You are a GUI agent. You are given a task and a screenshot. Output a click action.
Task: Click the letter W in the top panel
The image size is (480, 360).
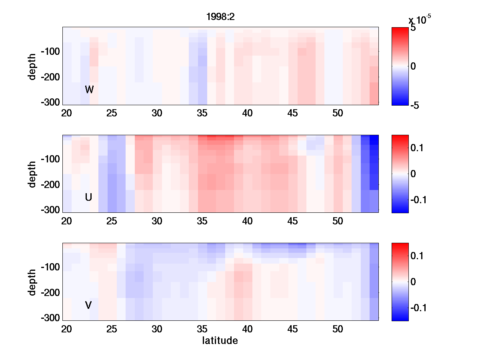[x=89, y=90]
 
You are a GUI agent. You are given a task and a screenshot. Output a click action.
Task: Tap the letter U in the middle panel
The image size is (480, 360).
[x=88, y=197]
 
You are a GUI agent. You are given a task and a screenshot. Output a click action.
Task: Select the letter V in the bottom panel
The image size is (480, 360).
[x=88, y=305]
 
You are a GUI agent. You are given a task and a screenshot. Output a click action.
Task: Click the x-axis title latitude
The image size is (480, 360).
[x=220, y=341]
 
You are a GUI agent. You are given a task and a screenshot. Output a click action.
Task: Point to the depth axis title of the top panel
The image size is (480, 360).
[x=32, y=66]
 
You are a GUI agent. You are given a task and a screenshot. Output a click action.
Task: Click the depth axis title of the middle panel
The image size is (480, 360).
[x=32, y=174]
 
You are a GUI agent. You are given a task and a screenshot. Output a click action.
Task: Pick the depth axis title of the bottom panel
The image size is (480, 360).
[x=32, y=282]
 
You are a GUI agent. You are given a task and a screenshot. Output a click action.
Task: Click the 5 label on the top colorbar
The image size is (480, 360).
[x=413, y=29]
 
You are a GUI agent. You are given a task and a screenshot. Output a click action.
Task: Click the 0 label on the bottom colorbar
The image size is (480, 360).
[x=413, y=282]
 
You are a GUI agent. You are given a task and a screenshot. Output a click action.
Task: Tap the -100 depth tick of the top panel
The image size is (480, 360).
[x=50, y=52]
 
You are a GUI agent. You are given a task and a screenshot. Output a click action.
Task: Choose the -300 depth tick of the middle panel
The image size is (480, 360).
[x=50, y=210]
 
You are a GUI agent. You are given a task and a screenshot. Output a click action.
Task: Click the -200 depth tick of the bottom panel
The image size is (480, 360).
[x=50, y=292]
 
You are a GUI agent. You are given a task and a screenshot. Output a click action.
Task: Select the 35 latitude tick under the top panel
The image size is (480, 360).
[x=202, y=113]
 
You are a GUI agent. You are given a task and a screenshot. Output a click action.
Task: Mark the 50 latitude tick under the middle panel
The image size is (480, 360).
[x=338, y=221]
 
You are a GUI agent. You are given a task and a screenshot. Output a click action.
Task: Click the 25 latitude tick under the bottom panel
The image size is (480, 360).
[x=112, y=329]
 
